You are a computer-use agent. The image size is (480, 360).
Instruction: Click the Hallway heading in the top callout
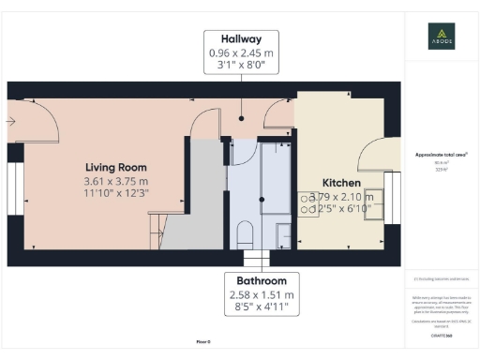click(x=241, y=38)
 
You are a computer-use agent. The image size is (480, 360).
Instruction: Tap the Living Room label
click(x=114, y=166)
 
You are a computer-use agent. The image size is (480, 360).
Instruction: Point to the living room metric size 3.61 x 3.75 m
click(x=114, y=180)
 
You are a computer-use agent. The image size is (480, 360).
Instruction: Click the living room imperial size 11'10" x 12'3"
click(x=114, y=193)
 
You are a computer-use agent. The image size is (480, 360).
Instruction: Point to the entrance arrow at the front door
click(x=10, y=120)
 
